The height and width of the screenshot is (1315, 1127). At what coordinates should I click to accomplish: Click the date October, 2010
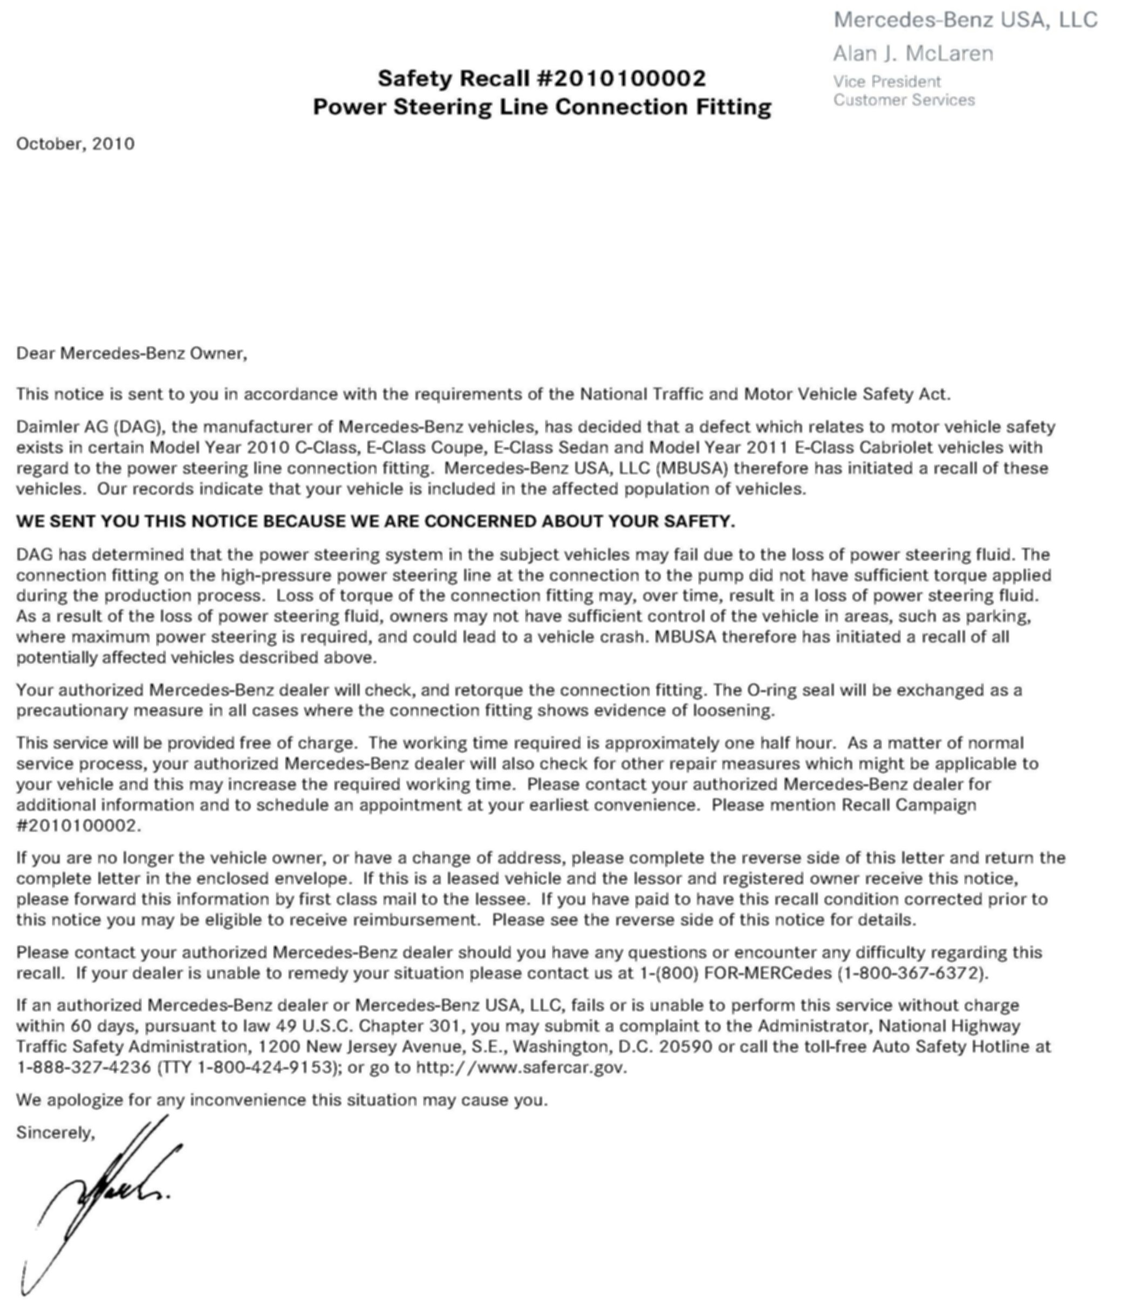tap(76, 144)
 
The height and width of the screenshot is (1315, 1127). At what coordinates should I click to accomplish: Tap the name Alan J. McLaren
tap(912, 53)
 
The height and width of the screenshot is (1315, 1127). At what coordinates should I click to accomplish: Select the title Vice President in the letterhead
tap(886, 82)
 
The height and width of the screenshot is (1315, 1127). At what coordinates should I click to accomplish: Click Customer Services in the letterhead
tap(904, 100)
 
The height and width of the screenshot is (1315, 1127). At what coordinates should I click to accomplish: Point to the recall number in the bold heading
tap(622, 79)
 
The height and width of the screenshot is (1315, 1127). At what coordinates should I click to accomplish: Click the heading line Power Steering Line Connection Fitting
tap(542, 107)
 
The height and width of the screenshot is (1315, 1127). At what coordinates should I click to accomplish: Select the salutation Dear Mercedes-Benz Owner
tap(131, 353)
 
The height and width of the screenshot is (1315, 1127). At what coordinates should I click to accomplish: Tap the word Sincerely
tap(55, 1132)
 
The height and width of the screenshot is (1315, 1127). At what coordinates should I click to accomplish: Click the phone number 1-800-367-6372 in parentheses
tap(912, 973)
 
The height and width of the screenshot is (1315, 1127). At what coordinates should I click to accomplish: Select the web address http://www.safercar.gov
tap(521, 1067)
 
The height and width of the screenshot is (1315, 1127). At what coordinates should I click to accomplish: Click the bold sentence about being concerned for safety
tap(375, 522)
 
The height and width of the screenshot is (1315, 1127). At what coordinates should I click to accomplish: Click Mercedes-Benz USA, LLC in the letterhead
tap(965, 19)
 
